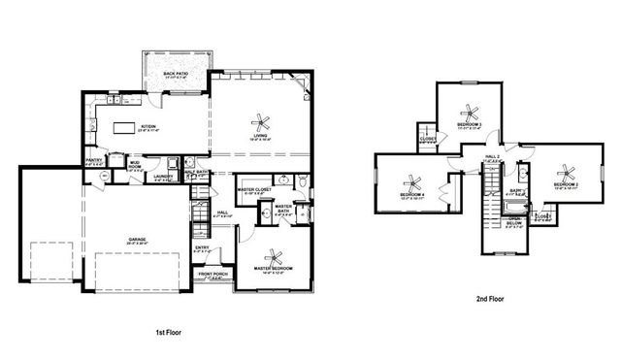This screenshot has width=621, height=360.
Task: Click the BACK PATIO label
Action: click(x=177, y=74)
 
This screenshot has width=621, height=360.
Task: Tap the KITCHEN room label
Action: click(x=148, y=127)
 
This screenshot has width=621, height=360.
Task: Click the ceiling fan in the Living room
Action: click(x=260, y=121)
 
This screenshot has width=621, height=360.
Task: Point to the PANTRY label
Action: click(x=94, y=161)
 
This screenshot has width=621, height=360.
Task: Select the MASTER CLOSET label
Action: click(x=255, y=190)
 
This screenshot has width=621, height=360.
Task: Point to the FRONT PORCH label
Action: click(x=213, y=275)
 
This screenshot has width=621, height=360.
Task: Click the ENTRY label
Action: click(x=202, y=248)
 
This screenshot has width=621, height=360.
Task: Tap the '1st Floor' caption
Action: click(x=168, y=333)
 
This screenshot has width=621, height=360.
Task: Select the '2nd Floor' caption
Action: click(x=490, y=301)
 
